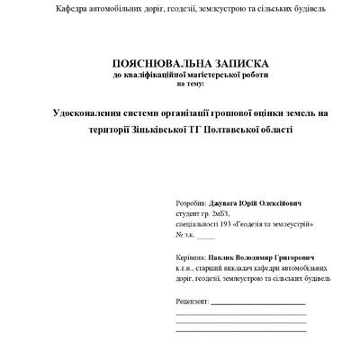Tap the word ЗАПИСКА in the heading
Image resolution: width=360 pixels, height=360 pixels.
238,65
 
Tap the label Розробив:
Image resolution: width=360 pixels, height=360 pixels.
191,204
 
